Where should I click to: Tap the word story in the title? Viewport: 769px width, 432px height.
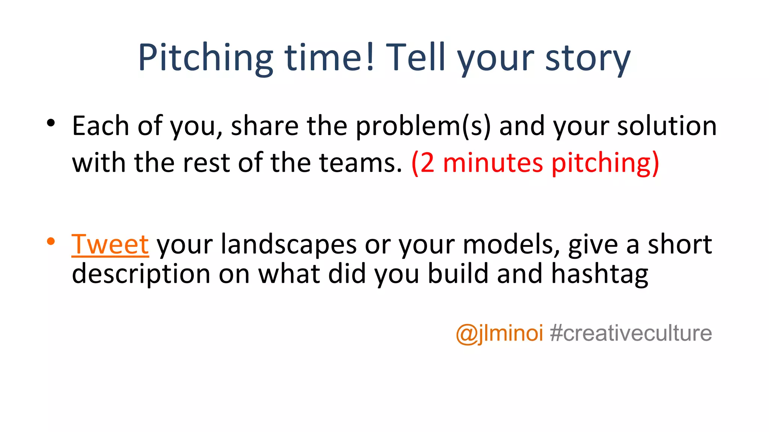pos(588,58)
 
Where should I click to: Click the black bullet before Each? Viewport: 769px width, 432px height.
pos(51,123)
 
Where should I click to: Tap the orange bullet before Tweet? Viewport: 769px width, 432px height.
pos(51,241)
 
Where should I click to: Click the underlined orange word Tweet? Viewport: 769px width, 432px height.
pos(110,244)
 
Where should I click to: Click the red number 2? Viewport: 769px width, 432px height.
pos(427,163)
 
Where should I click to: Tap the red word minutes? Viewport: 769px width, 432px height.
pos(493,163)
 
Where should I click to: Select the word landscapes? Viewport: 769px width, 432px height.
pos(288,244)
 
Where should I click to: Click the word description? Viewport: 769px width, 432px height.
pos(141,274)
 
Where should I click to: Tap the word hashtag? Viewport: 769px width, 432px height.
pos(600,274)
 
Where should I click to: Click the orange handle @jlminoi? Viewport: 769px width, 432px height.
pos(499,333)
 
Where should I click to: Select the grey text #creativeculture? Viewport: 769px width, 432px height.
pos(631,333)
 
